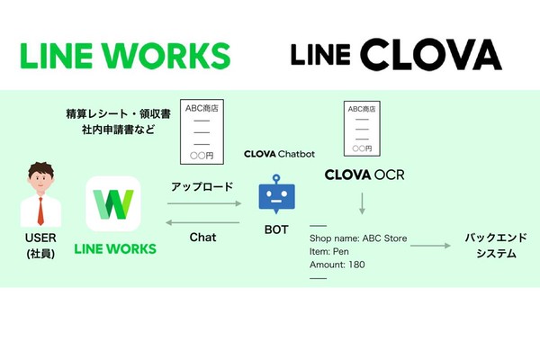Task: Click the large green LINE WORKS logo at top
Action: pos(124,53)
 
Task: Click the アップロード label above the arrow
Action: pos(202,186)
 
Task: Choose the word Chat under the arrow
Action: pos(202,238)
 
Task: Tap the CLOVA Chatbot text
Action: pos(279,154)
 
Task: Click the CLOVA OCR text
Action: pos(364,174)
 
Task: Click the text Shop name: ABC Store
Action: pos(358,238)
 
